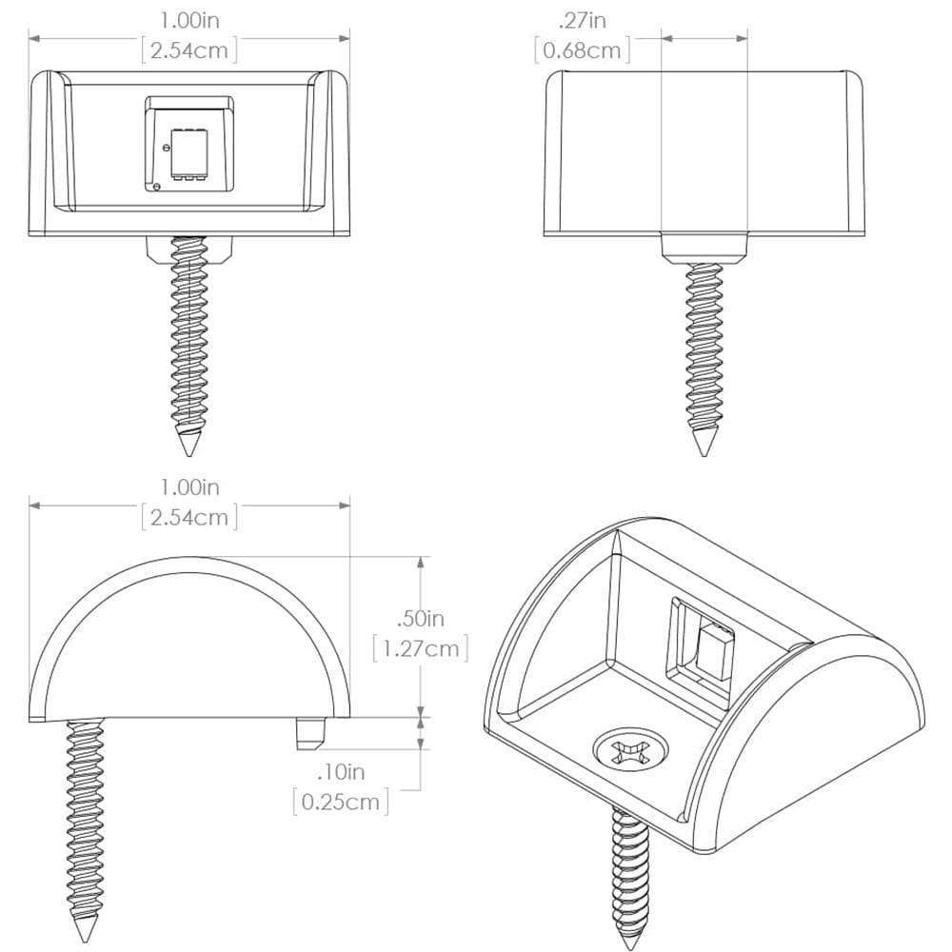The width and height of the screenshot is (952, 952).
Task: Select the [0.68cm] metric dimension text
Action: pyautogui.click(x=583, y=50)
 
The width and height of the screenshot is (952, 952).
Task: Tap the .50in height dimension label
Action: pyautogui.click(x=420, y=619)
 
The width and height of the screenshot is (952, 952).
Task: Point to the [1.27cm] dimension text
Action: pyautogui.click(x=420, y=650)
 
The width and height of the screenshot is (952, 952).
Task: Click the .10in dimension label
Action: pyautogui.click(x=341, y=771)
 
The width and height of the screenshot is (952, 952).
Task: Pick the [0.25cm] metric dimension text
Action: pyautogui.click(x=341, y=803)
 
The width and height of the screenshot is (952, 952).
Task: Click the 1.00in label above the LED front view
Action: pyautogui.click(x=188, y=18)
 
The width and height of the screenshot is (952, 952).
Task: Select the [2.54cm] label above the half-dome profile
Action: pyautogui.click(x=188, y=517)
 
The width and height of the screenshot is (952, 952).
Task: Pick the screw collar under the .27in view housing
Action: pyautogui.click(x=704, y=248)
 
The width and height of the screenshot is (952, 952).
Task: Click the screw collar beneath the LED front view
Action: pyautogui.click(x=189, y=249)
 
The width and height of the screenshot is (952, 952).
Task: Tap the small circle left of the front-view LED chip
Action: pyautogui.click(x=166, y=149)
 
